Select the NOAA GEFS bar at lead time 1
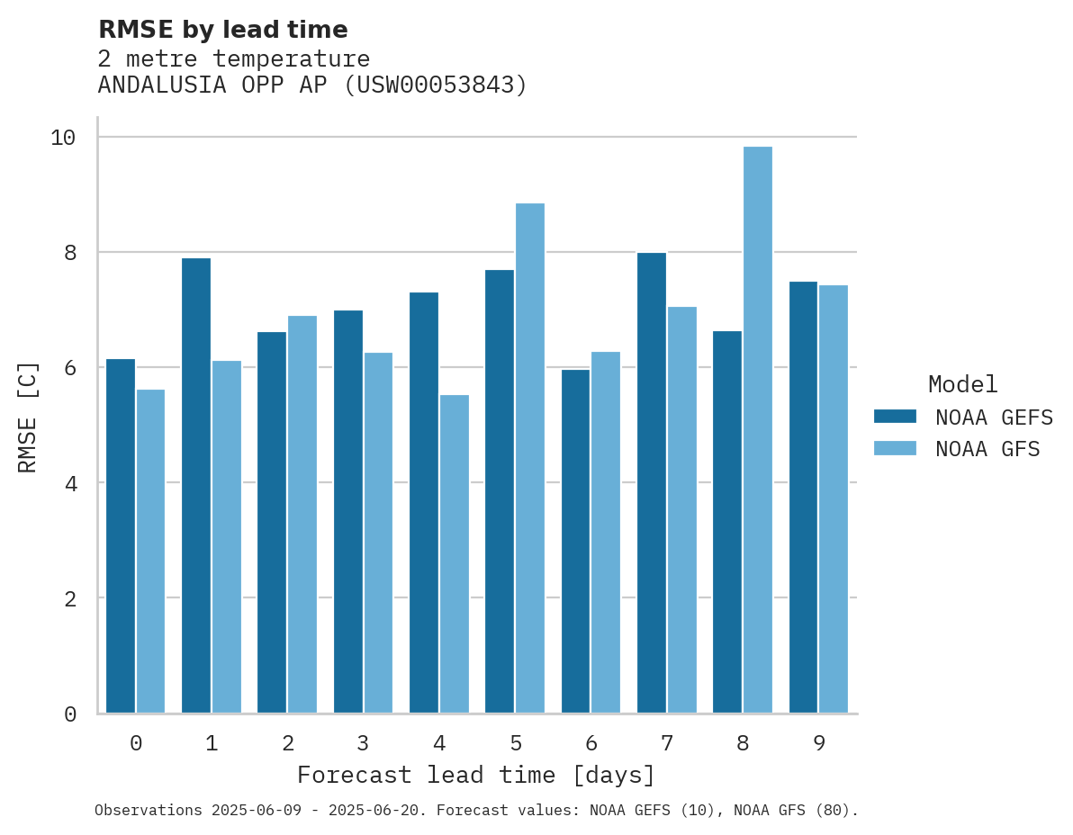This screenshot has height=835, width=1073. coord(196,486)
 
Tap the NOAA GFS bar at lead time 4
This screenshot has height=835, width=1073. coord(454,553)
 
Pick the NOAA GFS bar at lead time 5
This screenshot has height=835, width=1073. coord(530,458)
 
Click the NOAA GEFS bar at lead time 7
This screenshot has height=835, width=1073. coord(652,483)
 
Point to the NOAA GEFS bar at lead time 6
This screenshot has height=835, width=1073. coord(575,541)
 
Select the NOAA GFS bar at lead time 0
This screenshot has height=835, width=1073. coord(150,551)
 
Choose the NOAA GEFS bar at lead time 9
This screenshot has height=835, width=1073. coord(803,498)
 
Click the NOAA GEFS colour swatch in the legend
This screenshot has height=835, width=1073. coord(895,417)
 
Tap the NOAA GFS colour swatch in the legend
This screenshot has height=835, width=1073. coord(895,449)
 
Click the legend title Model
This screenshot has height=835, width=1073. coord(962,385)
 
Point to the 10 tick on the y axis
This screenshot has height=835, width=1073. coord(63,138)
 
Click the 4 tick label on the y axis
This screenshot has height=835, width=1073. coord(69,483)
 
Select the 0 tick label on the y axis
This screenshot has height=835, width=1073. coord(69,714)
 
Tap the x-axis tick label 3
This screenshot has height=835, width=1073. coord(363,743)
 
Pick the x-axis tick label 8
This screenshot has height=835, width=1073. coord(743,743)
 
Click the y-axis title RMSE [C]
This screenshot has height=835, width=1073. coord(28,417)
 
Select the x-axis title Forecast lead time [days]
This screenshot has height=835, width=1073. coord(476,775)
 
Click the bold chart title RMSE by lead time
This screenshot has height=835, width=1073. coord(222,30)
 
